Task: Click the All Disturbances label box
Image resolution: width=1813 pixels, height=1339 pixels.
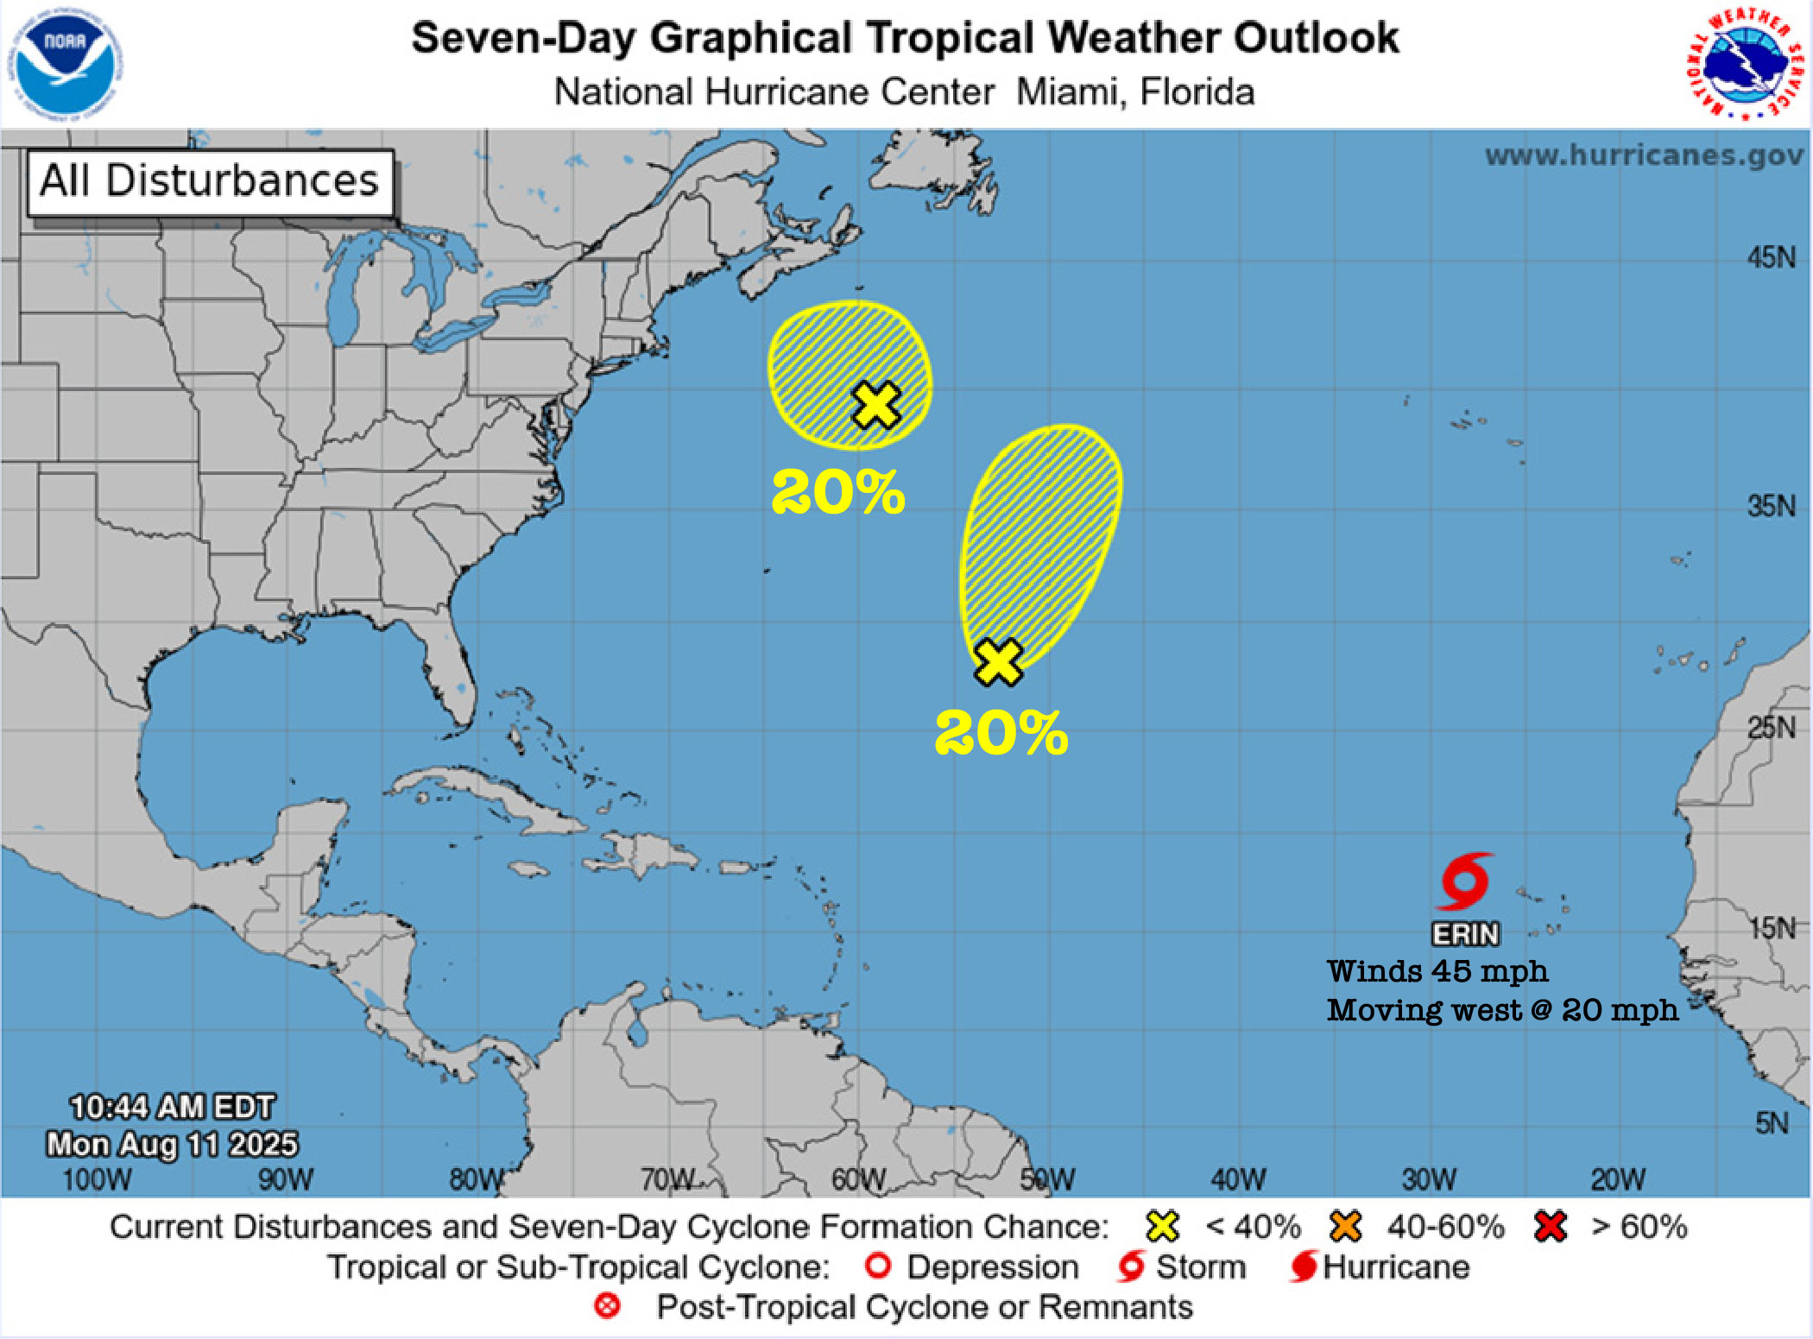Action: pos(210,182)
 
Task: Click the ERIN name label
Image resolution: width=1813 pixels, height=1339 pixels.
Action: pos(1465,934)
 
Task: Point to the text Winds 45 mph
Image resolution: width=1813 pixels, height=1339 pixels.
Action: pos(1437,971)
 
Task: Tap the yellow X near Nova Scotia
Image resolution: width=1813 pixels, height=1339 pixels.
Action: pos(876,405)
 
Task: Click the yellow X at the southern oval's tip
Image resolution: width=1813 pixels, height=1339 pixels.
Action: pos(998,662)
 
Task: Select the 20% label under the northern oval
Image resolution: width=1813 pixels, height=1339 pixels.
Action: pos(837,493)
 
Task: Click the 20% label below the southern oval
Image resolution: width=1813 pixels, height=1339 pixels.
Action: pos(1001,734)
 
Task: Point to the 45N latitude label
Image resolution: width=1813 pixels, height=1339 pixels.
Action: pos(1771,257)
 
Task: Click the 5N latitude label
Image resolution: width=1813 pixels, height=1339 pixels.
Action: pos(1772,1123)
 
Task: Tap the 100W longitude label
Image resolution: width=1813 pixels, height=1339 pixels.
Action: pos(97,1179)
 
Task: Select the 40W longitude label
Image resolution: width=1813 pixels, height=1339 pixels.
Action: pos(1237,1179)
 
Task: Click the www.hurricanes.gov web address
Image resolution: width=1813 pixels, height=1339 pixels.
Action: pos(1644,155)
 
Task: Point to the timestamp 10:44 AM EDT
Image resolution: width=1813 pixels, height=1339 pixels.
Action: pos(172,1107)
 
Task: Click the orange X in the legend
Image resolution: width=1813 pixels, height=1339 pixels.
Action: pos(1345,1226)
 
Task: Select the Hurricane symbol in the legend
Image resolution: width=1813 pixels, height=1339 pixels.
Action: pos(1304,1266)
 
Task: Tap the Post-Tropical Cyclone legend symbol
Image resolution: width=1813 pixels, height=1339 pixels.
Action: pos(607,1306)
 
